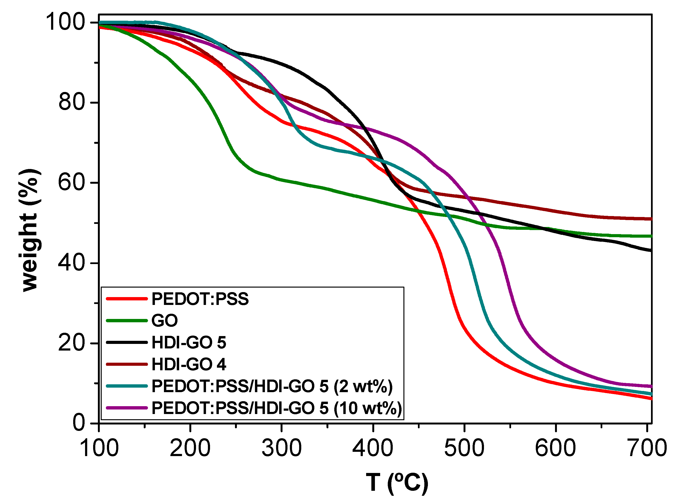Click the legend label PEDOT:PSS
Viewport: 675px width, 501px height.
click(200, 299)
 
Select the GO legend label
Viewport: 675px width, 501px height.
click(165, 321)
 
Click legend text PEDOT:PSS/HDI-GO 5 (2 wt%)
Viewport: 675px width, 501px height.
click(272, 386)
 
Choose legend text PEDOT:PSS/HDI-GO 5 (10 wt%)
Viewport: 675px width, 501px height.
click(276, 408)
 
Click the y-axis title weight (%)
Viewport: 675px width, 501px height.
click(29, 231)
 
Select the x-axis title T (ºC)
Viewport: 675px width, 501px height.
click(397, 482)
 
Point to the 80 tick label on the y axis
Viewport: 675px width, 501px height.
click(71, 102)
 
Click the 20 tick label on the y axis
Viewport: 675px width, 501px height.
click(71, 343)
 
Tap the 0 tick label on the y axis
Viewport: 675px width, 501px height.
click(79, 423)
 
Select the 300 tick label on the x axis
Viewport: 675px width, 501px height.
click(282, 448)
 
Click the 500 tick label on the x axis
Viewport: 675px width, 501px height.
click(464, 448)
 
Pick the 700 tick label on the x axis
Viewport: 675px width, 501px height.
click(647, 448)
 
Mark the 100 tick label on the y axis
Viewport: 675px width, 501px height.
click(65, 22)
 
